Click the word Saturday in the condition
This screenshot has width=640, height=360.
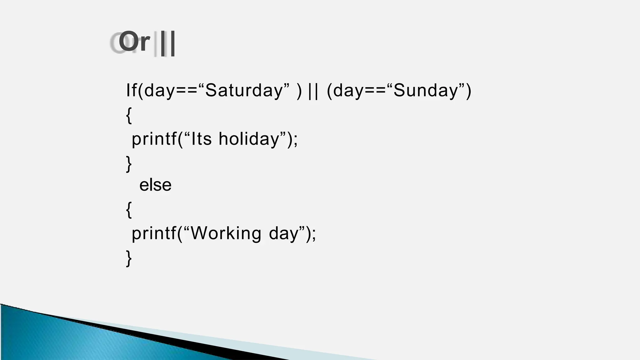pyautogui.click(x=244, y=90)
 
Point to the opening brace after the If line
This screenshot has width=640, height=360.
pyautogui.click(x=129, y=115)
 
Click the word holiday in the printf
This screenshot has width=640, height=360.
pyautogui.click(x=249, y=139)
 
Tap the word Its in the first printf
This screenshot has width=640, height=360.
pyautogui.click(x=202, y=139)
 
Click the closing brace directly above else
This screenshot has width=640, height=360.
pyautogui.click(x=129, y=164)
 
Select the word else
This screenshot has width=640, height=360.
pyautogui.click(x=155, y=185)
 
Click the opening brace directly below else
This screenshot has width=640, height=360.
pyautogui.click(x=129, y=210)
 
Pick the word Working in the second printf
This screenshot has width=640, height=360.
pyautogui.click(x=226, y=233)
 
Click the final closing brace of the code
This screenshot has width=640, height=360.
pyautogui.click(x=129, y=258)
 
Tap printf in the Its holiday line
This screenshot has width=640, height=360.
pyautogui.click(x=154, y=139)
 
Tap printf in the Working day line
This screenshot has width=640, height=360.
pyautogui.click(x=154, y=233)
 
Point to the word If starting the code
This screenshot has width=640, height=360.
pyautogui.click(x=131, y=90)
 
